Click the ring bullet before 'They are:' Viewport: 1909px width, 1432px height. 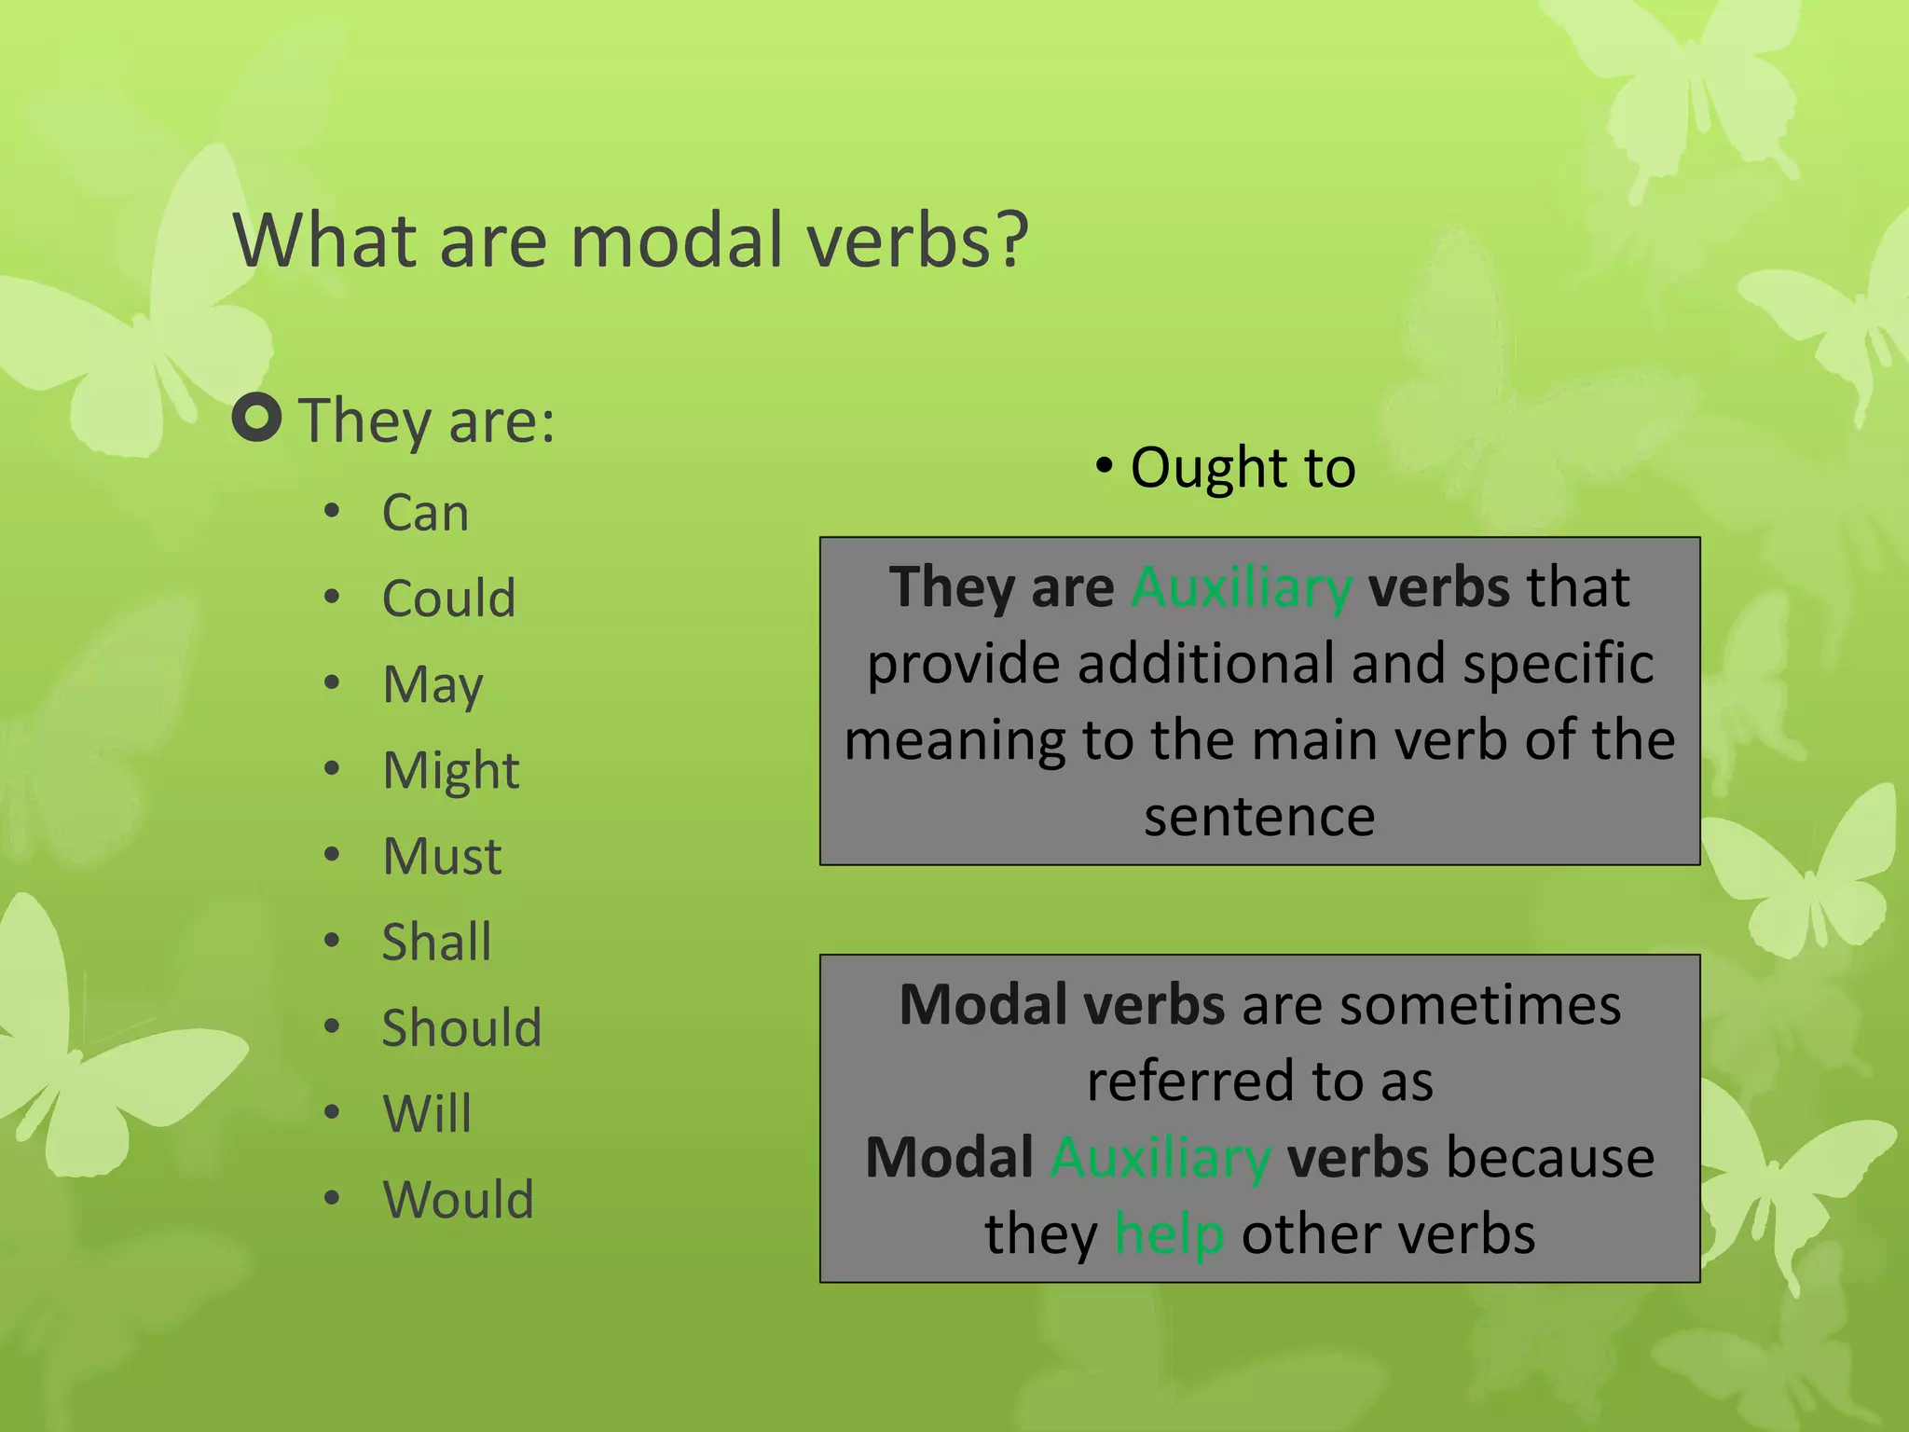click(x=256, y=418)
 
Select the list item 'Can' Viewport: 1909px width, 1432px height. click(x=425, y=513)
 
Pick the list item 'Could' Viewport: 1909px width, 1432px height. click(x=448, y=599)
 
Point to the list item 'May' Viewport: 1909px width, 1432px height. click(x=433, y=685)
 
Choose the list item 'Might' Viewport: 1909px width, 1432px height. click(x=451, y=771)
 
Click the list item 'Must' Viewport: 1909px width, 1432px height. click(x=443, y=857)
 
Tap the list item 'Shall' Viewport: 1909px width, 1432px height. click(x=436, y=943)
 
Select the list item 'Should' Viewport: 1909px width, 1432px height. click(x=461, y=1028)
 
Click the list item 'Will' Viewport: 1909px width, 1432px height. click(x=427, y=1114)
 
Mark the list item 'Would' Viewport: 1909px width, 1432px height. click(x=458, y=1200)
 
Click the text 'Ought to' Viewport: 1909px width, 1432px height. click(x=1243, y=468)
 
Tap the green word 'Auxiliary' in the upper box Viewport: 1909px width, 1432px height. click(x=1241, y=588)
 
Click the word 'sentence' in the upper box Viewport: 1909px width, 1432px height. click(x=1259, y=818)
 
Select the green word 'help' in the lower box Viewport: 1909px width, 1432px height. click(x=1169, y=1235)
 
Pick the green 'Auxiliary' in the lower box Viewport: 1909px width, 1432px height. click(x=1161, y=1159)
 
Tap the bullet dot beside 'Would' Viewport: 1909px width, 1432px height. click(x=332, y=1198)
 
